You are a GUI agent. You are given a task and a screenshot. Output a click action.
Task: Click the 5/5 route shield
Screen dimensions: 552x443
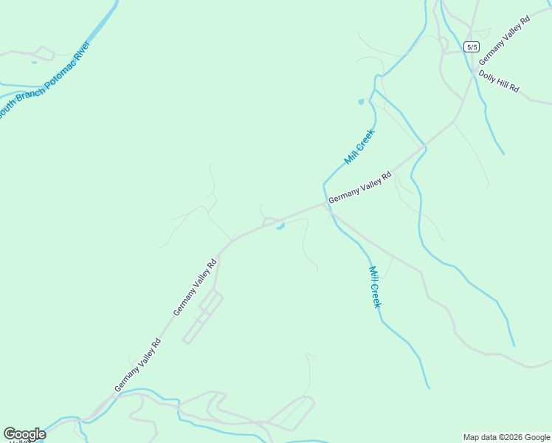point(472,47)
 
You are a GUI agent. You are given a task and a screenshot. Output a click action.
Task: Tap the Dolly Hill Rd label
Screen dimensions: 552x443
point(499,81)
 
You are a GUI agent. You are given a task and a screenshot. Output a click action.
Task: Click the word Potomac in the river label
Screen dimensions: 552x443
point(65,71)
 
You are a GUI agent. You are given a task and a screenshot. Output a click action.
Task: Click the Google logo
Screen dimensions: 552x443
point(24,434)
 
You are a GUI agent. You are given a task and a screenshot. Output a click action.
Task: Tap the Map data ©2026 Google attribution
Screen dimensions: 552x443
point(506,437)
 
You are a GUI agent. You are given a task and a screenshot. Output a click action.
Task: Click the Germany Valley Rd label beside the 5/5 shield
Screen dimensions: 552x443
point(504,41)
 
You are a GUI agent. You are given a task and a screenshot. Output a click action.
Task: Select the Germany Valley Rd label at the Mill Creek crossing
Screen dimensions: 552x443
point(359,188)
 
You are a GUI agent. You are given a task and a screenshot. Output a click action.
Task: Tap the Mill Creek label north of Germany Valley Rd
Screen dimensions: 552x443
point(359,147)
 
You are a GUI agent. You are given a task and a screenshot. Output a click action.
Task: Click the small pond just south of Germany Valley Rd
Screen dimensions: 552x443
point(280,227)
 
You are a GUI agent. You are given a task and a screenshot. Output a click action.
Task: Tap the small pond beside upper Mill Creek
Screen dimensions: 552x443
point(361,102)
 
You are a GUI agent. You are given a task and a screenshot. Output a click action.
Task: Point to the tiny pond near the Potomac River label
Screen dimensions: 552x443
point(33,62)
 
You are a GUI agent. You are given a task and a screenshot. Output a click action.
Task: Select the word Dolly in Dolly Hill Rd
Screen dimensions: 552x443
point(487,76)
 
